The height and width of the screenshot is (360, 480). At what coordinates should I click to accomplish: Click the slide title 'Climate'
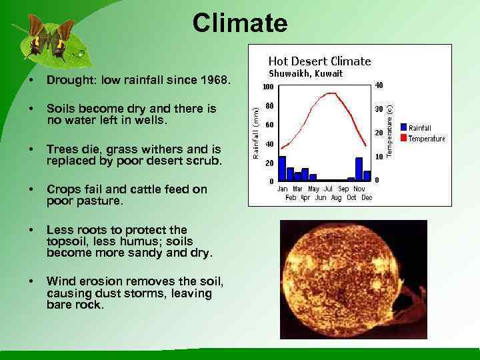click(x=240, y=23)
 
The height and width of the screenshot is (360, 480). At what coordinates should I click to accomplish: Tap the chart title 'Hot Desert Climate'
click(x=319, y=61)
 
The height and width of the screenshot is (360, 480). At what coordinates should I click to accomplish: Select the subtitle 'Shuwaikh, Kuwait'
click(x=305, y=74)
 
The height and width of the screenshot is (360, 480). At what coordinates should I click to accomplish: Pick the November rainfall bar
click(x=359, y=169)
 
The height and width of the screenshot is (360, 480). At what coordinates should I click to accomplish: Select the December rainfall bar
click(x=367, y=176)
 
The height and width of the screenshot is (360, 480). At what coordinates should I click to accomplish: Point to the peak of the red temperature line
click(x=329, y=94)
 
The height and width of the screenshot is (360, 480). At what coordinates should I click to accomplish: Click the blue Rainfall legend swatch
click(x=403, y=127)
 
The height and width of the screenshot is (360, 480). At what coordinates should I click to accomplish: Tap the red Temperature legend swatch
click(x=403, y=137)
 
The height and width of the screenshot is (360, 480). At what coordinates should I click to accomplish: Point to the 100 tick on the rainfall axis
click(x=267, y=87)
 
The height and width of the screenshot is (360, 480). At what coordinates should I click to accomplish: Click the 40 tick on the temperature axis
click(x=378, y=85)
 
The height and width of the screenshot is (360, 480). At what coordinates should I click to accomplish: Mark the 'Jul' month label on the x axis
click(x=328, y=189)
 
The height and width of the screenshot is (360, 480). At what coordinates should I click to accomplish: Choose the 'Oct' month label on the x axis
click(x=351, y=197)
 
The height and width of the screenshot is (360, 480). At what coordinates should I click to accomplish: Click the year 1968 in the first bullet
click(x=217, y=81)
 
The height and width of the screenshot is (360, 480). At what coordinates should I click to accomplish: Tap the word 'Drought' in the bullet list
click(x=67, y=81)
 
